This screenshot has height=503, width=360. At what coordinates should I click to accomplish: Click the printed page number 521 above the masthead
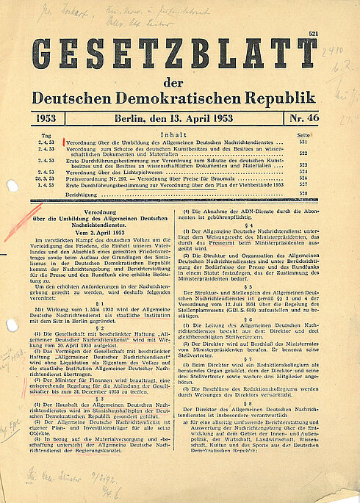(x=314, y=34)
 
